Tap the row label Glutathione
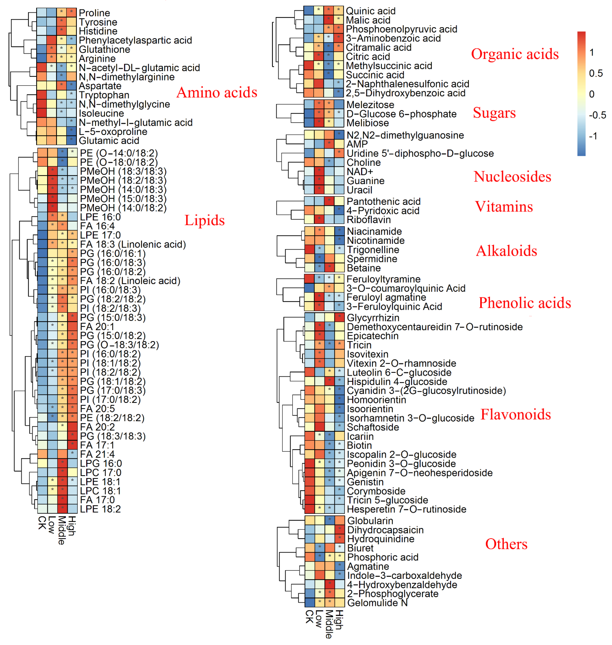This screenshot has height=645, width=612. pos(104,50)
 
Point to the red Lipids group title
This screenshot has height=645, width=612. pos(205,220)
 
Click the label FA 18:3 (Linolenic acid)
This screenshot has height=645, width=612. pos(133,244)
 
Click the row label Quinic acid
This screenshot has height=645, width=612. pos(371,11)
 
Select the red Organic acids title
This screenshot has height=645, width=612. pos(515,54)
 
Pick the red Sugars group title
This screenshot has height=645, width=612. pos(494,113)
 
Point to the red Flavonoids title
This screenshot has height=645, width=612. pos(515,414)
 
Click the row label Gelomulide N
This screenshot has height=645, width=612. pos(378,603)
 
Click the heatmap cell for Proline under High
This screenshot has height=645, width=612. pos(72,13)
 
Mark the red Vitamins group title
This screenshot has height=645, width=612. pos(504,207)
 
